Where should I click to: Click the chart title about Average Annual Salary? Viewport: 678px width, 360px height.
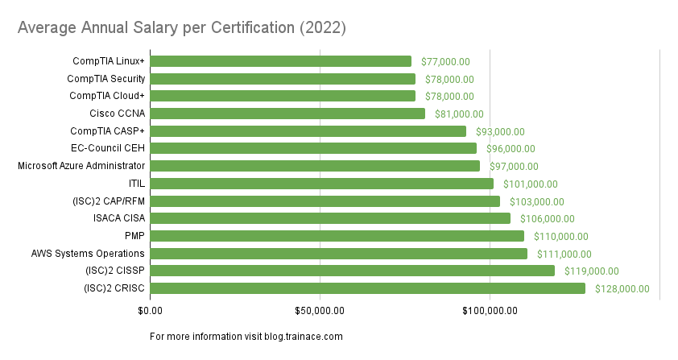point(182,28)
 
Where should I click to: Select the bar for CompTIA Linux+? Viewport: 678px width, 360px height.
point(280,61)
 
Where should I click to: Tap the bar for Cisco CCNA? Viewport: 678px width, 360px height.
point(287,114)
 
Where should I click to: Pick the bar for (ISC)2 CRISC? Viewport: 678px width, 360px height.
point(367,288)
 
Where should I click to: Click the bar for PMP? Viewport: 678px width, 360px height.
point(337,236)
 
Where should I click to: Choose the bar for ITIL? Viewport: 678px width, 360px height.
point(321,184)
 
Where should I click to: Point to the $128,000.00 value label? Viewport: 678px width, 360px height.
point(622,289)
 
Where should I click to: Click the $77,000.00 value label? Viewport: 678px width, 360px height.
point(445,61)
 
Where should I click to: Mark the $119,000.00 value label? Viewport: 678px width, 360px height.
point(591,271)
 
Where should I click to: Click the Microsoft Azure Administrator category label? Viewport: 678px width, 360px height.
point(81,166)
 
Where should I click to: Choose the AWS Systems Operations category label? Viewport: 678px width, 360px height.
point(89,254)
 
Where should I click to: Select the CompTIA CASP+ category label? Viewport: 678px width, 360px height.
point(108,130)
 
